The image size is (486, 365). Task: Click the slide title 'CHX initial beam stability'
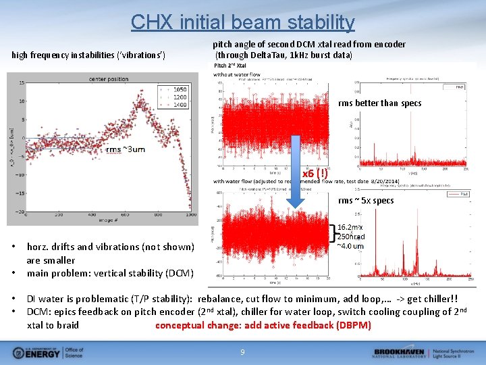point(242,22)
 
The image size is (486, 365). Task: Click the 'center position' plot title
point(108,79)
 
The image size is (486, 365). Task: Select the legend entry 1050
point(180,89)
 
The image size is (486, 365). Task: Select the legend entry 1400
point(180,105)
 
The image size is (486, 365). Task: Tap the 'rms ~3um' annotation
point(126,149)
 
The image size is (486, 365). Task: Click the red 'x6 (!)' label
point(315,174)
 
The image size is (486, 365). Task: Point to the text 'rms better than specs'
point(379,103)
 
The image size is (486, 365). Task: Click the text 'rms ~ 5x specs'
point(366,201)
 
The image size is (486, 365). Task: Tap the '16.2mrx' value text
point(350,228)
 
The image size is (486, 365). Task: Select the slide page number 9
point(242,351)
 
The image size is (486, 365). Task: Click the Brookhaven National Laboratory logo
point(425,352)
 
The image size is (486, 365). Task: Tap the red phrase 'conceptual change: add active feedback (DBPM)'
point(263,325)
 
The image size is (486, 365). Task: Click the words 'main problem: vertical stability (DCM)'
point(110,273)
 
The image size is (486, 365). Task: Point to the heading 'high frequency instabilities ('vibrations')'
point(93,54)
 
